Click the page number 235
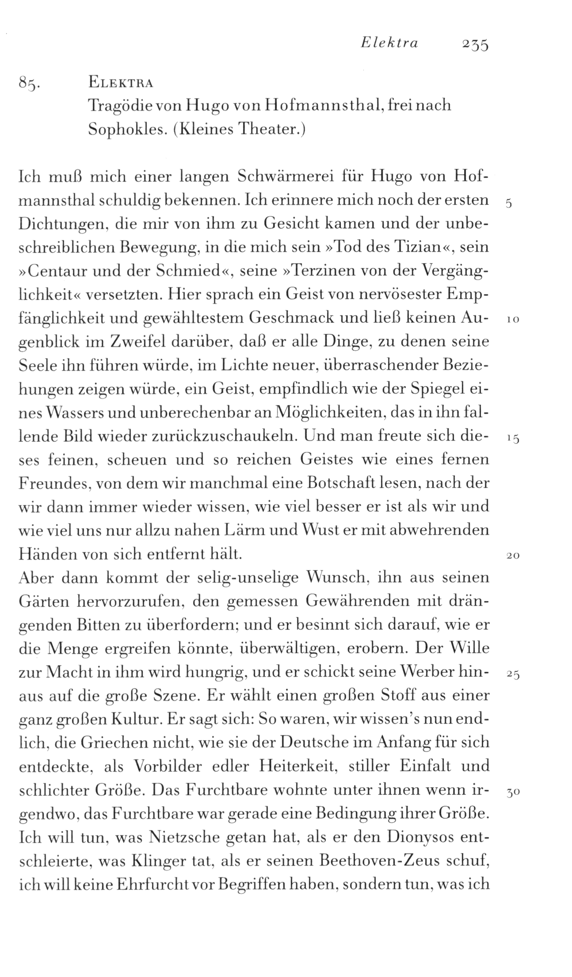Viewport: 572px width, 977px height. coord(474,45)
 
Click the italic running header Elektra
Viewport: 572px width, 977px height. coord(389,43)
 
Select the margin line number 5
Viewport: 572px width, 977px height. coord(509,204)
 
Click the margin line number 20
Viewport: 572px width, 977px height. coord(512,556)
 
